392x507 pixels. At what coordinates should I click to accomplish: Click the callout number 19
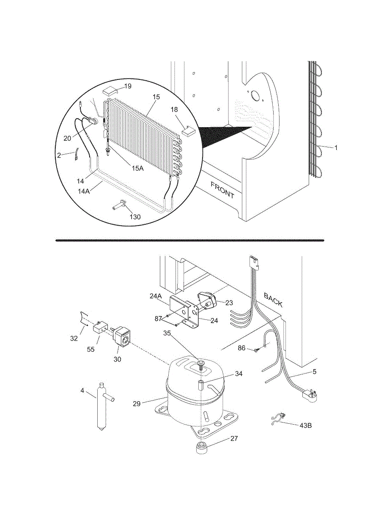(x=127, y=86)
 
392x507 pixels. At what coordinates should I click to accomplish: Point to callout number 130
(x=135, y=217)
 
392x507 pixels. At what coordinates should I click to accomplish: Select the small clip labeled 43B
(x=278, y=420)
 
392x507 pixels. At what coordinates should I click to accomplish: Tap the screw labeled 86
(x=256, y=350)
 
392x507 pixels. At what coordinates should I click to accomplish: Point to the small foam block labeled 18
(x=187, y=131)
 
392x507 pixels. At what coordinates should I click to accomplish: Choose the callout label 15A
(x=138, y=168)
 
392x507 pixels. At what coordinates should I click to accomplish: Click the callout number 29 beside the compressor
(x=137, y=404)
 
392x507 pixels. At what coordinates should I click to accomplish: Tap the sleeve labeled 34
(x=201, y=385)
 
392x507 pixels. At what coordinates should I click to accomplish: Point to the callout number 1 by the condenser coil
(x=336, y=148)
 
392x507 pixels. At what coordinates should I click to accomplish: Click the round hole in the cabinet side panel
(x=255, y=96)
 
